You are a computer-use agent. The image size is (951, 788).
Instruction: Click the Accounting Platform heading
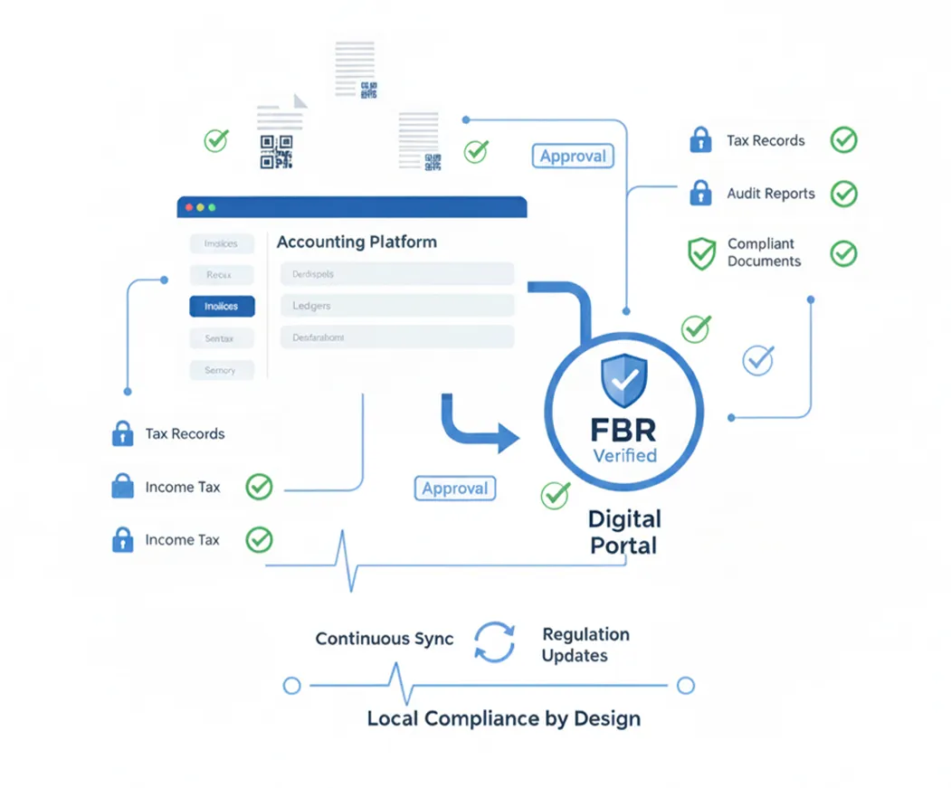pyautogui.click(x=357, y=242)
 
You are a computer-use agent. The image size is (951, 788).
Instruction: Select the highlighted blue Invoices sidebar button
pyautogui.click(x=222, y=307)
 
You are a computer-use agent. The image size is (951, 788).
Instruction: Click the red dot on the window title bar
pyautogui.click(x=189, y=207)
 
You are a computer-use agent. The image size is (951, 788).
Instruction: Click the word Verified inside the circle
pyautogui.click(x=624, y=455)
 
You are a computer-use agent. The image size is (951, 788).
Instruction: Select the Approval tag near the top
pyautogui.click(x=573, y=156)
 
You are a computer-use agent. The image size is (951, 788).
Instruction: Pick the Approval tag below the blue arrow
pyautogui.click(x=455, y=489)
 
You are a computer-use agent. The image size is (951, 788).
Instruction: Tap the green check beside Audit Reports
pyautogui.click(x=843, y=194)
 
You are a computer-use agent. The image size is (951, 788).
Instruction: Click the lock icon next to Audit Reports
pyautogui.click(x=699, y=193)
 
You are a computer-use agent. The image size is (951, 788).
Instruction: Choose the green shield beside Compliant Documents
pyautogui.click(x=701, y=253)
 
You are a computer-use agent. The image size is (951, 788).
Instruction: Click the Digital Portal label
pyautogui.click(x=624, y=532)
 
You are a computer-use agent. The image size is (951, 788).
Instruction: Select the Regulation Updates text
pyautogui.click(x=585, y=644)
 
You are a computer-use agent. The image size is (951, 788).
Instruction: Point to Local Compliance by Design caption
pyautogui.click(x=504, y=719)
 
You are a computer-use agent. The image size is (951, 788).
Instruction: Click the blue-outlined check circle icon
pyautogui.click(x=757, y=360)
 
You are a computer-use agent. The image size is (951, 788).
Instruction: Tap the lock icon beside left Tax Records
pyautogui.click(x=122, y=434)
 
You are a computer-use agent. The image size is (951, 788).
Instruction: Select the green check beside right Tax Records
pyautogui.click(x=843, y=140)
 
